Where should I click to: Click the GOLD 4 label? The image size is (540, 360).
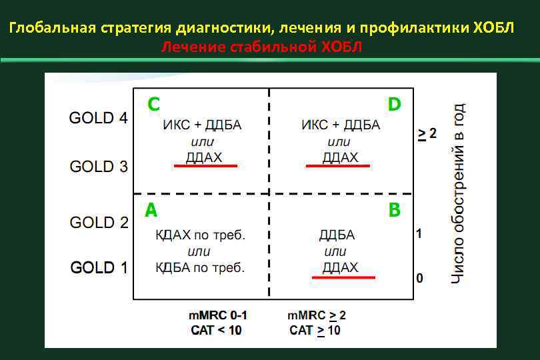tap(99, 118)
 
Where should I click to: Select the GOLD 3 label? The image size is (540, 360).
tap(99, 166)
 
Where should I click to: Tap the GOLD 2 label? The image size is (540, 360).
tap(99, 222)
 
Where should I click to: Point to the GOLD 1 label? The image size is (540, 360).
tap(99, 268)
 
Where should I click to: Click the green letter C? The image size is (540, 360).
tap(153, 105)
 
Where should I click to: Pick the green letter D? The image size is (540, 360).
tap(394, 105)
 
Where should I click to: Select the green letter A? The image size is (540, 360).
tap(151, 211)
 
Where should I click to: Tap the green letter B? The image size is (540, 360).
tap(394, 211)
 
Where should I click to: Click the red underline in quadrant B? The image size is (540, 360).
tap(343, 277)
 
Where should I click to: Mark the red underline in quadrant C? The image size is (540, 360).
tap(205, 165)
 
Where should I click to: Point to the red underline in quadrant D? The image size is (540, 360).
tap(337, 165)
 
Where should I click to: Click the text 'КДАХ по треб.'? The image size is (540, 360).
tap(201, 235)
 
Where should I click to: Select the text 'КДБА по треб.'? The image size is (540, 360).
tap(201, 268)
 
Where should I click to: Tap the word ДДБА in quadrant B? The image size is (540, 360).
tap(337, 235)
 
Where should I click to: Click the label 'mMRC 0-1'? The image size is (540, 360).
tap(217, 315)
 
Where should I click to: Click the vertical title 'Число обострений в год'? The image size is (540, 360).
tap(457, 193)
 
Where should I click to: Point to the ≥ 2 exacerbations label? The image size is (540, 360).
tap(427, 134)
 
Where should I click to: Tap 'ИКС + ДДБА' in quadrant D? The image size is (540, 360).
tap(341, 125)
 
